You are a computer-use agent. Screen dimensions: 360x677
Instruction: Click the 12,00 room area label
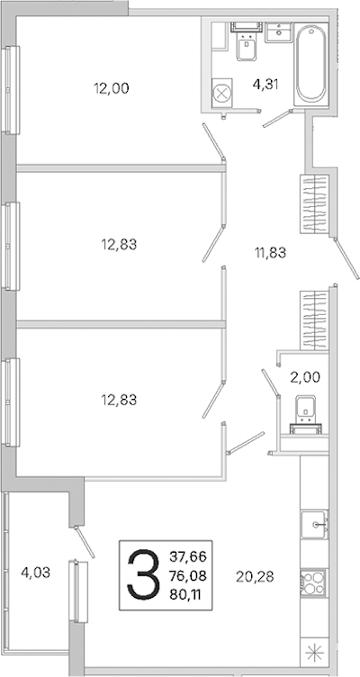point(112,88)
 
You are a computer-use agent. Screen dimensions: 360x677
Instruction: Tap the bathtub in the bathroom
point(310,63)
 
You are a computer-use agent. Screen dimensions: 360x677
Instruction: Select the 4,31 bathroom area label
point(265,85)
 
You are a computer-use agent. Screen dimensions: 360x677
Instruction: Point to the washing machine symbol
point(222,93)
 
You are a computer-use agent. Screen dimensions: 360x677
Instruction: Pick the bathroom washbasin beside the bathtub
point(279,32)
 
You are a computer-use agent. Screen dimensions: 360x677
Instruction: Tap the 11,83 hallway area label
point(270,252)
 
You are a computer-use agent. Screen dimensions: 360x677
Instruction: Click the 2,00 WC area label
point(305,377)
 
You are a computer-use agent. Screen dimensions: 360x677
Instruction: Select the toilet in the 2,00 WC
point(306,414)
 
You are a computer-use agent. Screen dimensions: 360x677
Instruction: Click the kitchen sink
point(314,524)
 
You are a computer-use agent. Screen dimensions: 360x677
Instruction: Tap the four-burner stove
point(314,582)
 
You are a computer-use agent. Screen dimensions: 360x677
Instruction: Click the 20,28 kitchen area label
point(255,576)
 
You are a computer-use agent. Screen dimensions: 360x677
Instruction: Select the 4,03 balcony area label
point(36,573)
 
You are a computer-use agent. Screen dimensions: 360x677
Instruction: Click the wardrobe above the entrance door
point(315,204)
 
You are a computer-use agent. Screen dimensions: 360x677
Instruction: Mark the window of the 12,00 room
point(11,89)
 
